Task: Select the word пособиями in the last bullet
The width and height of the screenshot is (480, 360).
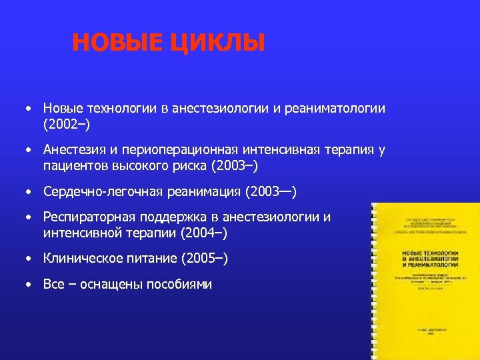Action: [179, 284]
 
